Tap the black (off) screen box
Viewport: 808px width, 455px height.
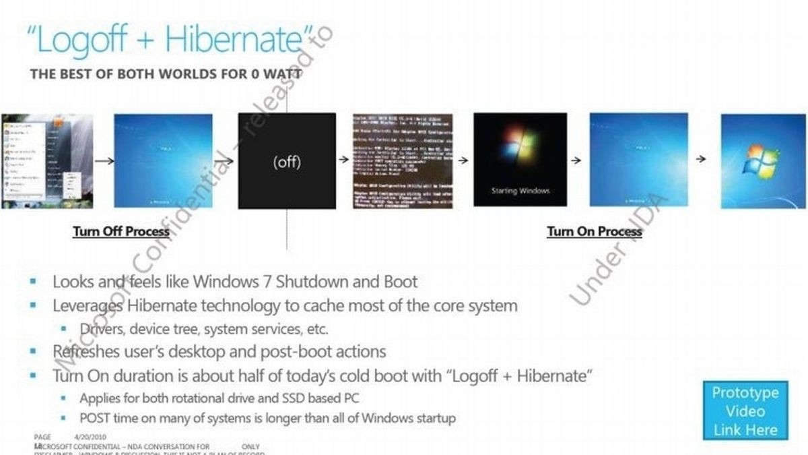point(287,161)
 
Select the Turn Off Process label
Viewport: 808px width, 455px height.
point(121,231)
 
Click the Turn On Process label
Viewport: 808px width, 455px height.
point(594,231)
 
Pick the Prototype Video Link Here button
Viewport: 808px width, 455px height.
point(745,411)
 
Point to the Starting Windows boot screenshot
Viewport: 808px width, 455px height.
point(520,160)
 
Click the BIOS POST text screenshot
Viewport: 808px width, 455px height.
point(403,161)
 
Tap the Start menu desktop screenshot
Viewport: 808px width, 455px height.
point(47,161)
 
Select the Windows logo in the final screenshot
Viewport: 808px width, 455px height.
point(760,162)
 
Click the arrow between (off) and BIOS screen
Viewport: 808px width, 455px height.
point(343,160)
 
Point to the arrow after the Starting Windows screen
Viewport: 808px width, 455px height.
point(576,160)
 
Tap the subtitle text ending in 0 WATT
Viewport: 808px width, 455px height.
point(166,73)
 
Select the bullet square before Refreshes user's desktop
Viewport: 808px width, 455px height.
point(34,351)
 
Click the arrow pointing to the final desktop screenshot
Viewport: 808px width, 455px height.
point(702,159)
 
